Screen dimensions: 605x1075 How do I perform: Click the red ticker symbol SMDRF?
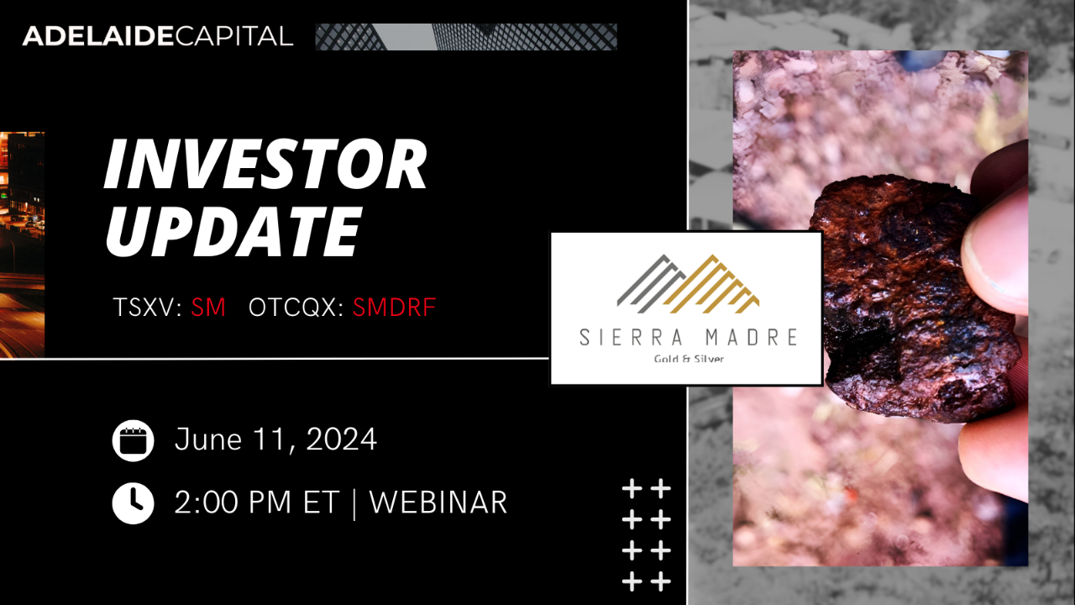tap(394, 308)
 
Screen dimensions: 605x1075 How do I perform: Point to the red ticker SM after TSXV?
tap(208, 308)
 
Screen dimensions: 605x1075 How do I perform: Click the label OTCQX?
tap(295, 308)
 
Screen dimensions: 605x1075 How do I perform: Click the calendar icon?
tap(133, 440)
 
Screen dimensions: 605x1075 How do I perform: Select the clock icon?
tap(133, 502)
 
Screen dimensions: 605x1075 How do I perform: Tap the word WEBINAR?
tap(438, 502)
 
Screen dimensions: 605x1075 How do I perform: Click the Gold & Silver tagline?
tap(689, 360)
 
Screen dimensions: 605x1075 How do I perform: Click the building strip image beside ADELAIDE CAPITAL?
tap(465, 37)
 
